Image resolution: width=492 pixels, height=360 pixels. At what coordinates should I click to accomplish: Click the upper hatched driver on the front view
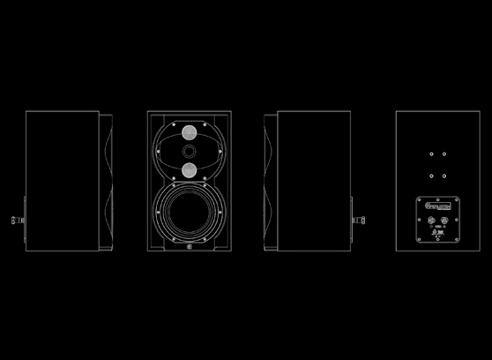189,133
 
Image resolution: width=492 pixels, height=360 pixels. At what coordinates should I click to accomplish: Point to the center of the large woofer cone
189,213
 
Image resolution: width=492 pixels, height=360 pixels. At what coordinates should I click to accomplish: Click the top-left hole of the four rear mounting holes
431,154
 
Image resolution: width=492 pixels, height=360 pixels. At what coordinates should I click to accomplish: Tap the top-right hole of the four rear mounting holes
444,154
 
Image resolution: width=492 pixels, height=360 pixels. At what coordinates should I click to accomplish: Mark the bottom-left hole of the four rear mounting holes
431,175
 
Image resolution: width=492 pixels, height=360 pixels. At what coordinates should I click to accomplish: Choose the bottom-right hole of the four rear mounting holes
444,175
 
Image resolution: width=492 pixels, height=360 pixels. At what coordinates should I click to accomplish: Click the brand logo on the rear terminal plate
437,207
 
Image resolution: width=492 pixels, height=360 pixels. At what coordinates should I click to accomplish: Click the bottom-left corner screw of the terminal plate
420,238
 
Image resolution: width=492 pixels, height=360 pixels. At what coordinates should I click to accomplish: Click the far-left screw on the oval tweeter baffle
157,151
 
